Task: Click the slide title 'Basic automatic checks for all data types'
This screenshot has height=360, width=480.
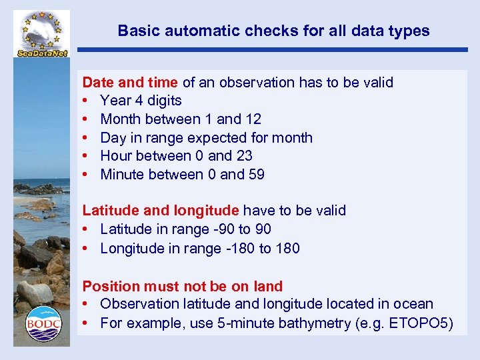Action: click(x=273, y=31)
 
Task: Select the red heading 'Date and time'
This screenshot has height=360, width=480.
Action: click(x=130, y=83)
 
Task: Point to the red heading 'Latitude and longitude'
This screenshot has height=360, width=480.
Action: click(x=161, y=211)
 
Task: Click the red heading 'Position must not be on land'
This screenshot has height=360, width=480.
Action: click(x=182, y=287)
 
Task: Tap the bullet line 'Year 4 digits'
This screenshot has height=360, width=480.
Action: click(x=141, y=101)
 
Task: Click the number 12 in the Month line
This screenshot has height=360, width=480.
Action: click(x=253, y=119)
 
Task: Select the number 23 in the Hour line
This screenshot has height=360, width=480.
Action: click(x=244, y=156)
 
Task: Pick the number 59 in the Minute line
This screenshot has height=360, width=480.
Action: click(x=256, y=175)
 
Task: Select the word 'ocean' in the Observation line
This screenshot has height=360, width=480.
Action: click(x=415, y=304)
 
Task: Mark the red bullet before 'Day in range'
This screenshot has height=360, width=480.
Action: click(x=86, y=138)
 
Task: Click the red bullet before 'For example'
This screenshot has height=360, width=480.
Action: click(x=86, y=324)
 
